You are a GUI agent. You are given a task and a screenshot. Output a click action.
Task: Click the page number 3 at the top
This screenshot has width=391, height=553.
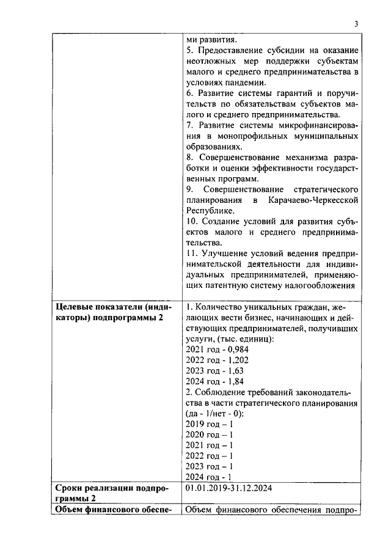356,24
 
